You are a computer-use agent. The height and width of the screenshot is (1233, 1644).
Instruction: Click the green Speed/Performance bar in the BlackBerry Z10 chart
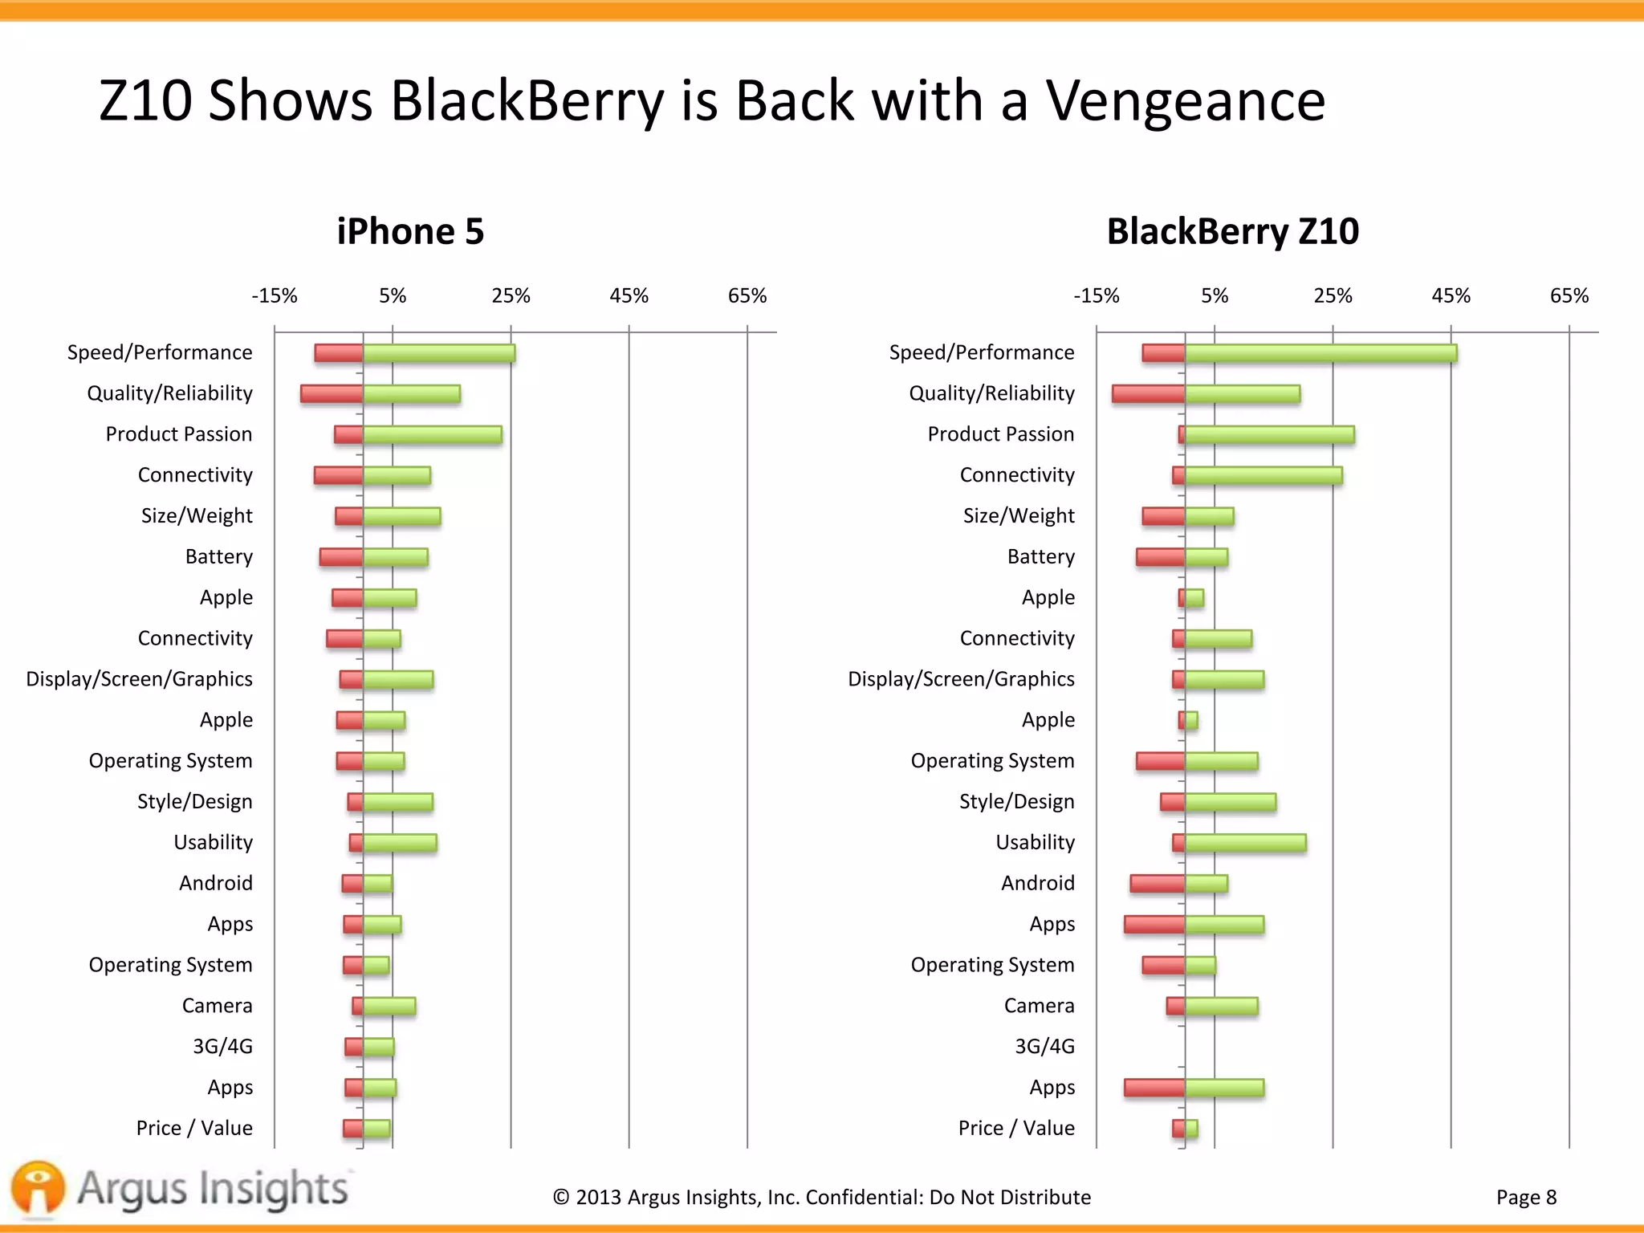[x=1320, y=353]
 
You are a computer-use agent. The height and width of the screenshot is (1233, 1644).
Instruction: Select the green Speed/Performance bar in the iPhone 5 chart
[x=439, y=353]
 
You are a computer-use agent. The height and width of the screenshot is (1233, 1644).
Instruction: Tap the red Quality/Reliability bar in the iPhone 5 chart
[x=332, y=394]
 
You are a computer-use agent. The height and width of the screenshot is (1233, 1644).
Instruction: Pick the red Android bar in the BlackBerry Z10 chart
[x=1158, y=884]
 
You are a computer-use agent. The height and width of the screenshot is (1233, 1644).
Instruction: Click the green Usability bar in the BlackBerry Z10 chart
[x=1245, y=843]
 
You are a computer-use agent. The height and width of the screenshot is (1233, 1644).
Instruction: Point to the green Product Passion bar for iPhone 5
[x=433, y=435]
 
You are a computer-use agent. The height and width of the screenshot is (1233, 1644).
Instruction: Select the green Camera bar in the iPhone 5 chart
[x=389, y=1006]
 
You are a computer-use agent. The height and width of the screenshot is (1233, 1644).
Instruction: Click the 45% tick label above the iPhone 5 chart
[x=629, y=296]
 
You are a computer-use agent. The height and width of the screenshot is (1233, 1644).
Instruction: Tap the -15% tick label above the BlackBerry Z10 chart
[x=1096, y=296]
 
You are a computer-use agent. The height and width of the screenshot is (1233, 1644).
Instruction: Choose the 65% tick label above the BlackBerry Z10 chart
[x=1569, y=296]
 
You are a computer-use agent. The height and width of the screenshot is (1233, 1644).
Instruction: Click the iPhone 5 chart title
[x=410, y=232]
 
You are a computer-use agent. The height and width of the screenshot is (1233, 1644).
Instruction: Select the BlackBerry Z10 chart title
[x=1232, y=232]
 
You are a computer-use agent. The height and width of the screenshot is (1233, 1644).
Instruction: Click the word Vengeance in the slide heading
[x=1185, y=102]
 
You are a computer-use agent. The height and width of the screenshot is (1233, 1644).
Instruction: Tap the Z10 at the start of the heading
[x=145, y=102]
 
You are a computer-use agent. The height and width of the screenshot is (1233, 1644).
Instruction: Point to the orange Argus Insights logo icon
[x=38, y=1187]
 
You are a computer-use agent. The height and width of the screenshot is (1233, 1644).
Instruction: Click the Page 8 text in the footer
[x=1526, y=1198]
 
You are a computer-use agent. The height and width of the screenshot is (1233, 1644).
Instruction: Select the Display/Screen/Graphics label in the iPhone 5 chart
[x=139, y=679]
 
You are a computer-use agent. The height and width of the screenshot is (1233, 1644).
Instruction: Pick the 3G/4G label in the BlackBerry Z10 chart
[x=1044, y=1047]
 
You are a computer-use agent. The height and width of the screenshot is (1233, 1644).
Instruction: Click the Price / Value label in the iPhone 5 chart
[x=194, y=1129]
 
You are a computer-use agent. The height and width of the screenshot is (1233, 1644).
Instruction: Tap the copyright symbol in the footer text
[x=561, y=1198]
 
